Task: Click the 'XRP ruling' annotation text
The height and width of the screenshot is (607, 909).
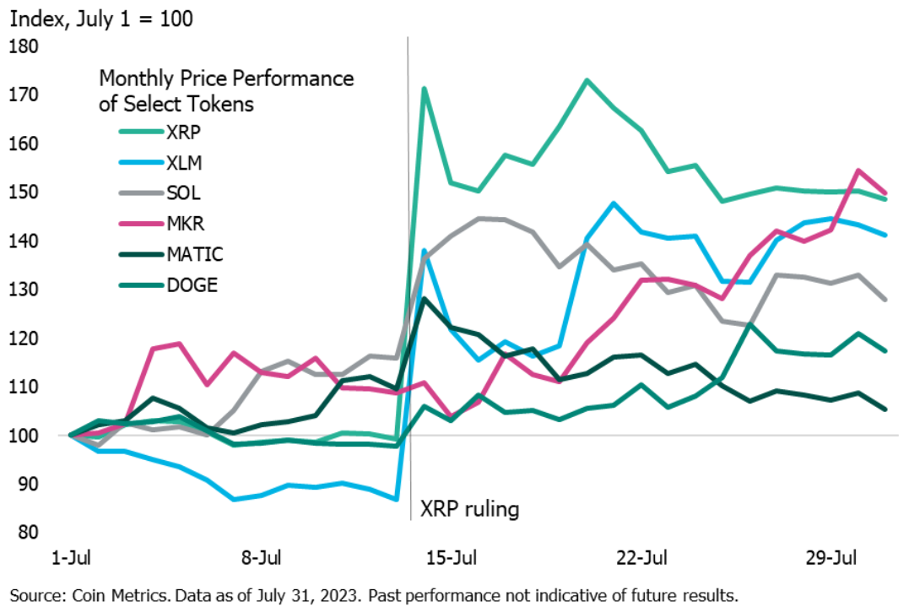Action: click(x=470, y=510)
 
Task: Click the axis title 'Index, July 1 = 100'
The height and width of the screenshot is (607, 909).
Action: click(x=101, y=18)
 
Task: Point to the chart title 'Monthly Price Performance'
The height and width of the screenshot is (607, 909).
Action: click(x=226, y=79)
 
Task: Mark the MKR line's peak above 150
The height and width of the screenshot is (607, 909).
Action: click(x=858, y=171)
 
